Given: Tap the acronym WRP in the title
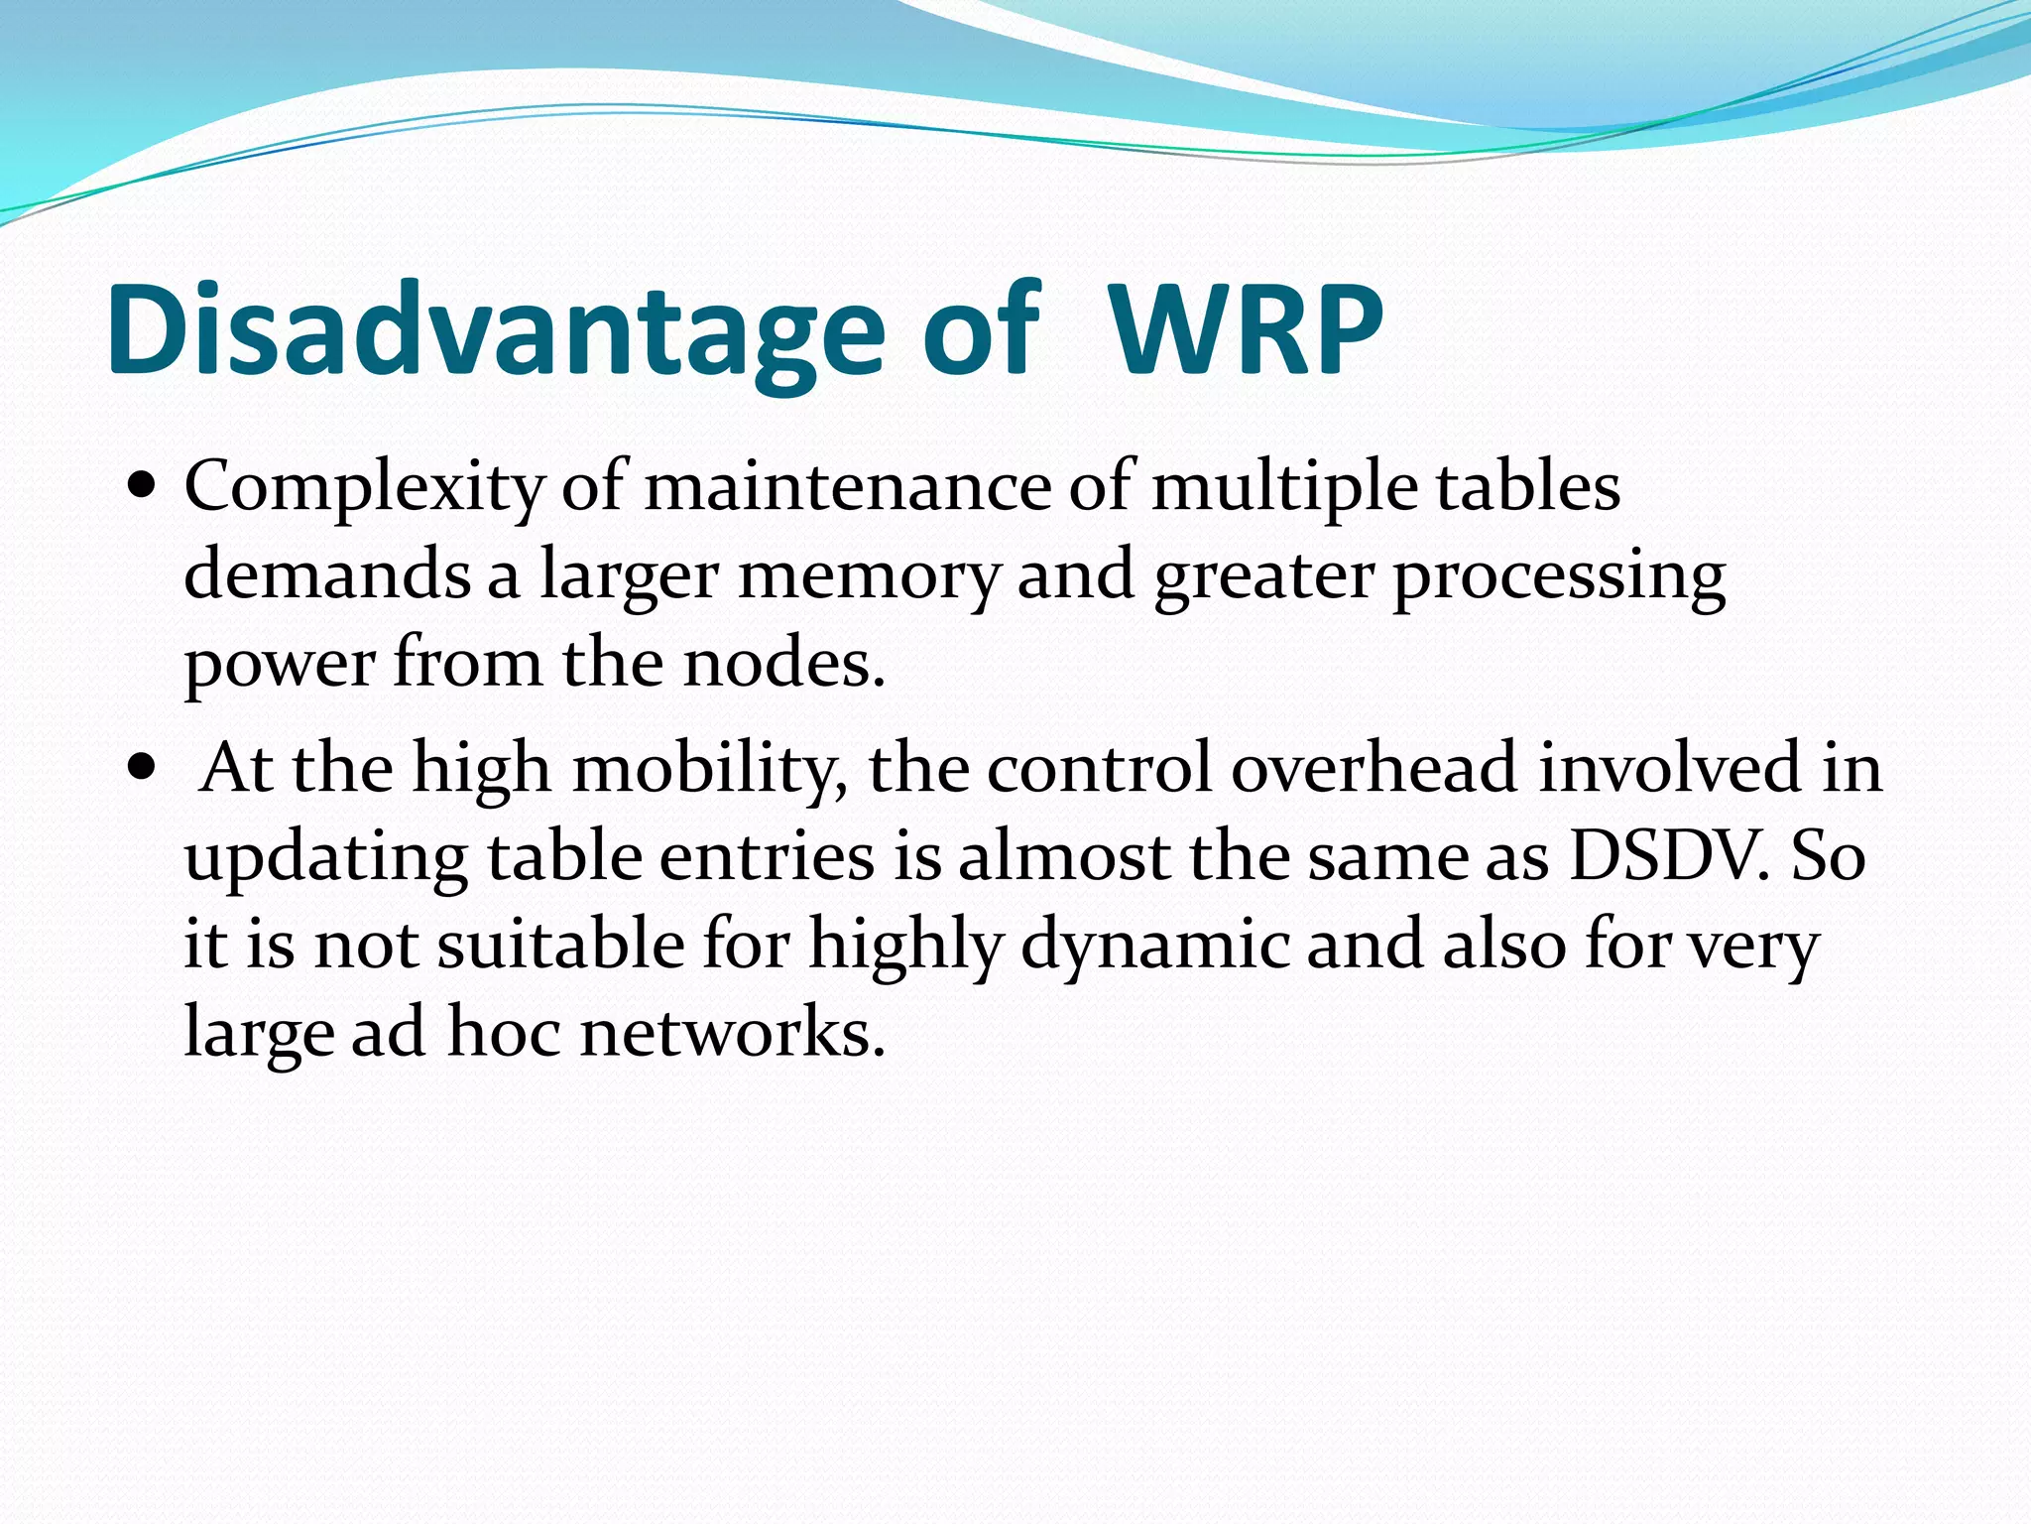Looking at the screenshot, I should (x=1246, y=330).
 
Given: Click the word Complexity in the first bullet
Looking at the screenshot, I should (x=364, y=488).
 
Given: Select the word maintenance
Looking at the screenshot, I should (x=848, y=488).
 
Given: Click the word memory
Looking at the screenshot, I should (x=869, y=576).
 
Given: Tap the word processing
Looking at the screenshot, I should (x=1559, y=576).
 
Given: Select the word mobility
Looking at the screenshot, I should (x=710, y=769).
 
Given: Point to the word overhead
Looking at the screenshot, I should (x=1374, y=769).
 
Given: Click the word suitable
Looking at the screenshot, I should (x=560, y=944).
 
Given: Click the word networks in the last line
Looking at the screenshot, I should (x=732, y=1032).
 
